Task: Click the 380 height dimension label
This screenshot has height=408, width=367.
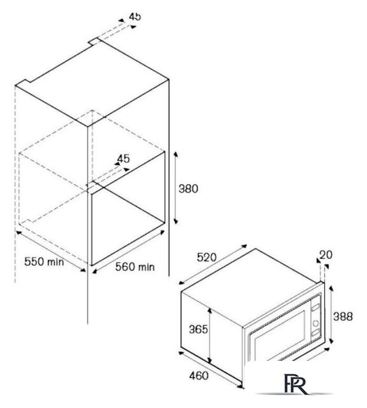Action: click(188, 189)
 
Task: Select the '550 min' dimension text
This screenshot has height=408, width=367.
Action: click(44, 261)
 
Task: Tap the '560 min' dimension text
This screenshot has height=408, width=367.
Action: click(135, 266)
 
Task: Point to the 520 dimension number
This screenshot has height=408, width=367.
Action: click(207, 258)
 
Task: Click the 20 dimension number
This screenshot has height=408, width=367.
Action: click(326, 255)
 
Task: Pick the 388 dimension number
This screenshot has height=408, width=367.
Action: click(343, 316)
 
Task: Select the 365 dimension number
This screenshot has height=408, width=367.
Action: click(198, 329)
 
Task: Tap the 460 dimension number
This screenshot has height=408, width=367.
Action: click(199, 375)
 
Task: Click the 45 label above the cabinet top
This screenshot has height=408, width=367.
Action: click(135, 17)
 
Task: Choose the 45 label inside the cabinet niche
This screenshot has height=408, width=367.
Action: click(123, 159)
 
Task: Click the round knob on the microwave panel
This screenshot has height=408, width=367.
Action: click(316, 323)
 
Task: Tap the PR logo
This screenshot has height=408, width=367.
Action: click(296, 384)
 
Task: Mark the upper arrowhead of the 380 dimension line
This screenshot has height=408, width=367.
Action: click(176, 154)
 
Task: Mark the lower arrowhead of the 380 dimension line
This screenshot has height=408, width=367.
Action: click(176, 221)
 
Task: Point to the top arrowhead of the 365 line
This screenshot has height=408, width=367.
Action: click(210, 310)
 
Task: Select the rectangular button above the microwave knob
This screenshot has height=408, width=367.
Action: click(316, 307)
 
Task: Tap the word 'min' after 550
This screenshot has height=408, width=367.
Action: click(56, 262)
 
